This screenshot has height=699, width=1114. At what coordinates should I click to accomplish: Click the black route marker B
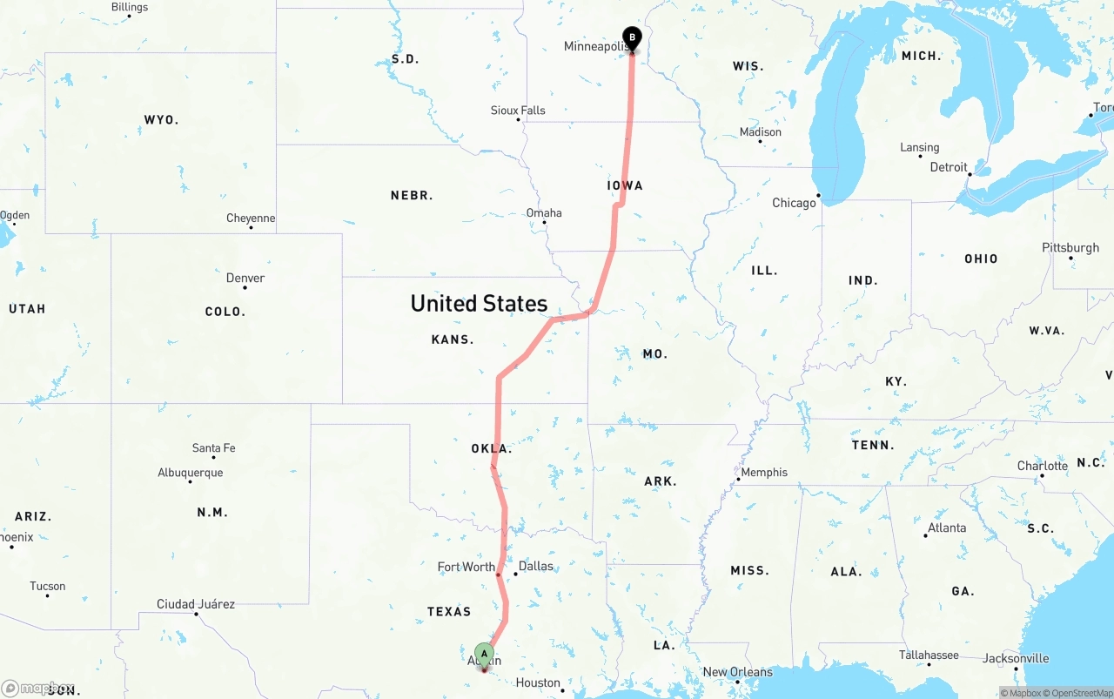[x=632, y=39]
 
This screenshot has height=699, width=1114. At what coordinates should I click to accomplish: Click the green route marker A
[x=484, y=655]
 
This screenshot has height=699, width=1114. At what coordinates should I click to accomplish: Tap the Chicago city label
[x=794, y=203]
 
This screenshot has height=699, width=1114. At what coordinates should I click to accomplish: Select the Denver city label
[x=245, y=279]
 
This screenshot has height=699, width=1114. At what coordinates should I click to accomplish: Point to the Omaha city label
[x=544, y=213]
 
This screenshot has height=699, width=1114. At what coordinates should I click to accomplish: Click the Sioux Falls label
[x=518, y=111]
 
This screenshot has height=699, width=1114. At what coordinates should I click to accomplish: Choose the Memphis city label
[x=764, y=473]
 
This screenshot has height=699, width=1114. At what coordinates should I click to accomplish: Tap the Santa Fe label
[x=213, y=448]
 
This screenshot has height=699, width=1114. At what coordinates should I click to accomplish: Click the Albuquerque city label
[x=190, y=473]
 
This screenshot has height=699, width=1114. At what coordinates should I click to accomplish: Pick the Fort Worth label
[x=466, y=567]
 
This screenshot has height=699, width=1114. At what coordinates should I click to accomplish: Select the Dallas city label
[x=535, y=566]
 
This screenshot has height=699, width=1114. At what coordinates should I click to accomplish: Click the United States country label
[x=479, y=303]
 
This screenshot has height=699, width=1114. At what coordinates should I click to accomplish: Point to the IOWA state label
[x=625, y=185]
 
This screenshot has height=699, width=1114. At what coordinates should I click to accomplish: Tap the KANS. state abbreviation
[x=453, y=339]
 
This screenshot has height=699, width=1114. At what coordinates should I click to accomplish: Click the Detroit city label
[x=949, y=167]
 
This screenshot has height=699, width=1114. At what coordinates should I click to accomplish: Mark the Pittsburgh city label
[x=1070, y=248]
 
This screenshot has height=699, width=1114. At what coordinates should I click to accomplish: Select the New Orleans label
[x=737, y=672]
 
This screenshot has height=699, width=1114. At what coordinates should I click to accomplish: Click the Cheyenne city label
[x=251, y=218]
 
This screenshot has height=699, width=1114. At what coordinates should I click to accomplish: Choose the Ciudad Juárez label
[x=196, y=604]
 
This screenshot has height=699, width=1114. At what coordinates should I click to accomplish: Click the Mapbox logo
[x=37, y=688]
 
